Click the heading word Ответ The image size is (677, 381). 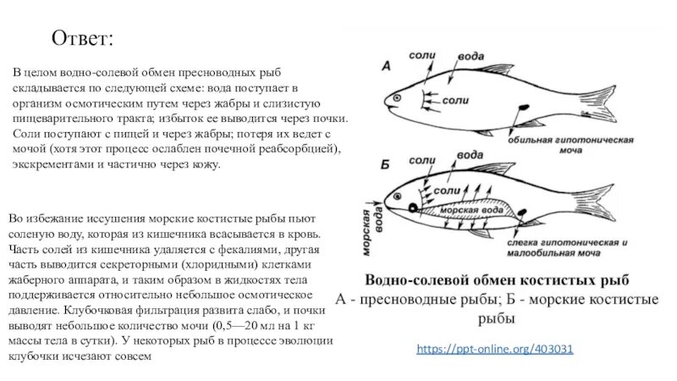point(82,39)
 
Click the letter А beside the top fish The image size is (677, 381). point(385,65)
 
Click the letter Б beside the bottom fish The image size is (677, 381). point(386,161)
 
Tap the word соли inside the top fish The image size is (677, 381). point(455,101)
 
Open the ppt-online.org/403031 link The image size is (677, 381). point(495,348)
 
